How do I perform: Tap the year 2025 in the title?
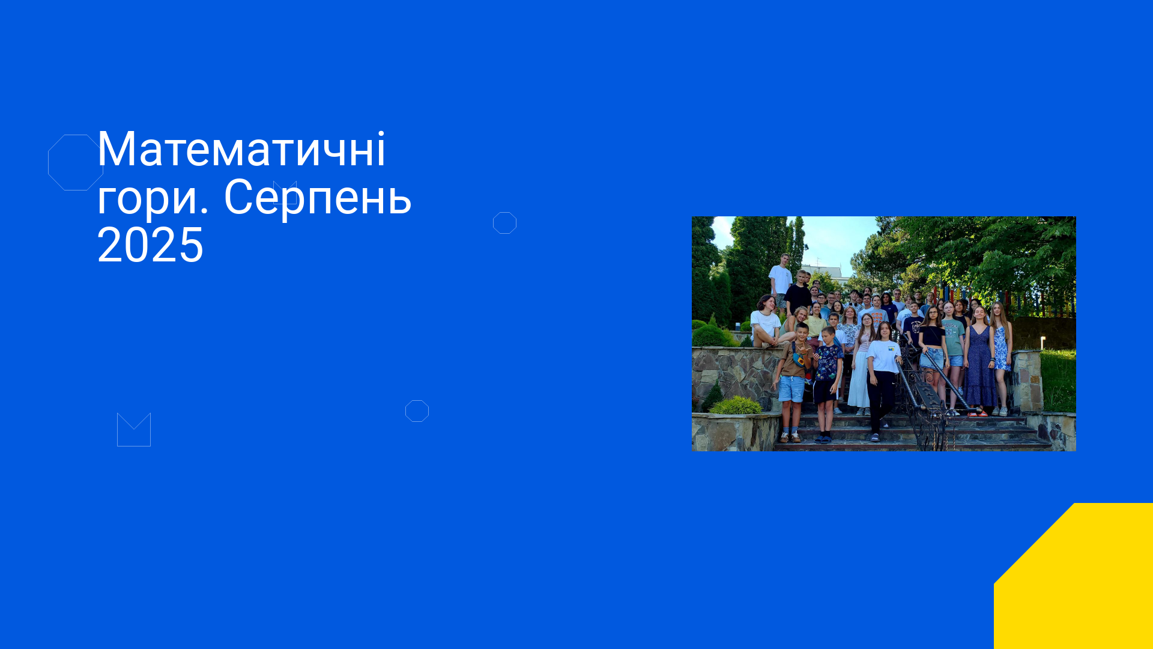click(150, 245)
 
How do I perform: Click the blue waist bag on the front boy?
click(799, 359)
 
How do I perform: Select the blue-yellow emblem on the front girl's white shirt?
click(892, 348)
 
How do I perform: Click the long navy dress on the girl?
click(980, 367)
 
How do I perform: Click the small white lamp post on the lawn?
click(1043, 343)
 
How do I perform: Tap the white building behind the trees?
click(824, 271)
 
